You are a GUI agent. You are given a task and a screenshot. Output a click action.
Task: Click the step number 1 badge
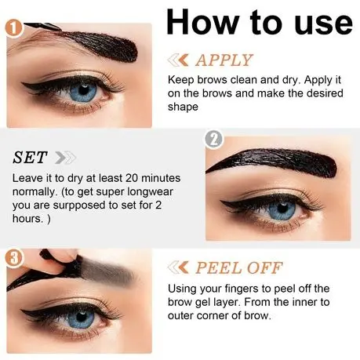[14, 28]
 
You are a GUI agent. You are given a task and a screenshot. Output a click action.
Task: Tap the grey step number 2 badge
[214, 139]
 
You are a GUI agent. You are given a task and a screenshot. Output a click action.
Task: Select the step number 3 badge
[14, 258]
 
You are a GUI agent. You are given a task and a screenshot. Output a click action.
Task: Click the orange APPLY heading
[224, 60]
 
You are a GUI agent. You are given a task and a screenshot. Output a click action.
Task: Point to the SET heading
[30, 158]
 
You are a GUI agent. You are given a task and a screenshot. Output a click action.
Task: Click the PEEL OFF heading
[239, 267]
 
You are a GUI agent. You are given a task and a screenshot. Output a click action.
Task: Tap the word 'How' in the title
[203, 22]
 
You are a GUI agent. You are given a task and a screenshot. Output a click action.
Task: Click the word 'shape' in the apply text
[183, 107]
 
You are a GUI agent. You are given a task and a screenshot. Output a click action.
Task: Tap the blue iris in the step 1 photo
[83, 92]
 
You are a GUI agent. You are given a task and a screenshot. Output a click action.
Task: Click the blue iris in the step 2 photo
[282, 209]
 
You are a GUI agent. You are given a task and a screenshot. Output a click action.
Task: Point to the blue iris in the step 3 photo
[81, 318]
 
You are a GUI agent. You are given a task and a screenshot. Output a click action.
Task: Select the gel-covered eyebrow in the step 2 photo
[272, 162]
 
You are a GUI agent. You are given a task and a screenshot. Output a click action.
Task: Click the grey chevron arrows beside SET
[66, 158]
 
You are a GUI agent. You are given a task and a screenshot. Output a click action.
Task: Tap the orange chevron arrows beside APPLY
[178, 60]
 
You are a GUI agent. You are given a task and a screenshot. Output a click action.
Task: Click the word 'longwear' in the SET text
[150, 192]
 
